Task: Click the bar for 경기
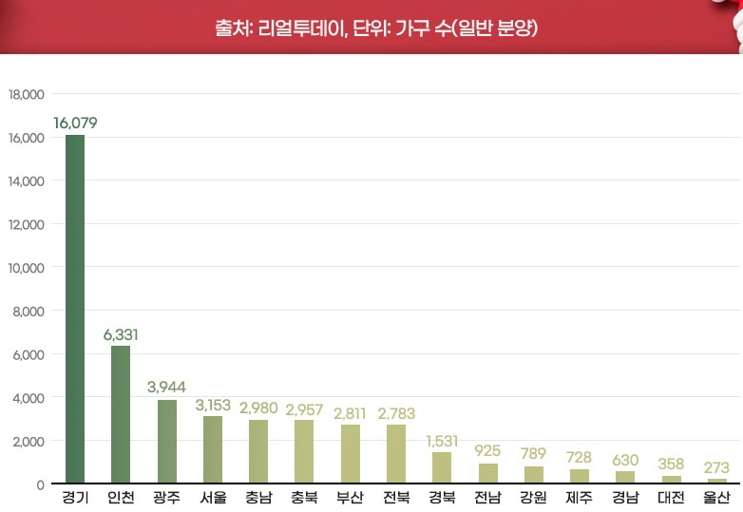tap(75, 309)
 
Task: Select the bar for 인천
tap(121, 414)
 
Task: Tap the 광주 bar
tap(166, 442)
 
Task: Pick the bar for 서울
tap(213, 450)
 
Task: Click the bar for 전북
tap(396, 454)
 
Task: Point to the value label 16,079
tap(75, 123)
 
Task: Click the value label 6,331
tap(121, 334)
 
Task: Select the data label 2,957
tap(304, 408)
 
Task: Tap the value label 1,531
tap(442, 441)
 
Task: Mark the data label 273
tap(717, 467)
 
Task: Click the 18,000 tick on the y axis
tap(27, 95)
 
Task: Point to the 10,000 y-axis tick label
tap(27, 268)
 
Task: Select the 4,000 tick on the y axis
tap(29, 398)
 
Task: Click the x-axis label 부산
tap(350, 497)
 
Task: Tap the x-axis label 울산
tap(717, 497)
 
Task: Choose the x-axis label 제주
tap(580, 497)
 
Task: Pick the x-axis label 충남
tap(258, 497)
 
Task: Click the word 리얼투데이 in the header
tap(295, 27)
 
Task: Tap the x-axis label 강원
tap(533, 497)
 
